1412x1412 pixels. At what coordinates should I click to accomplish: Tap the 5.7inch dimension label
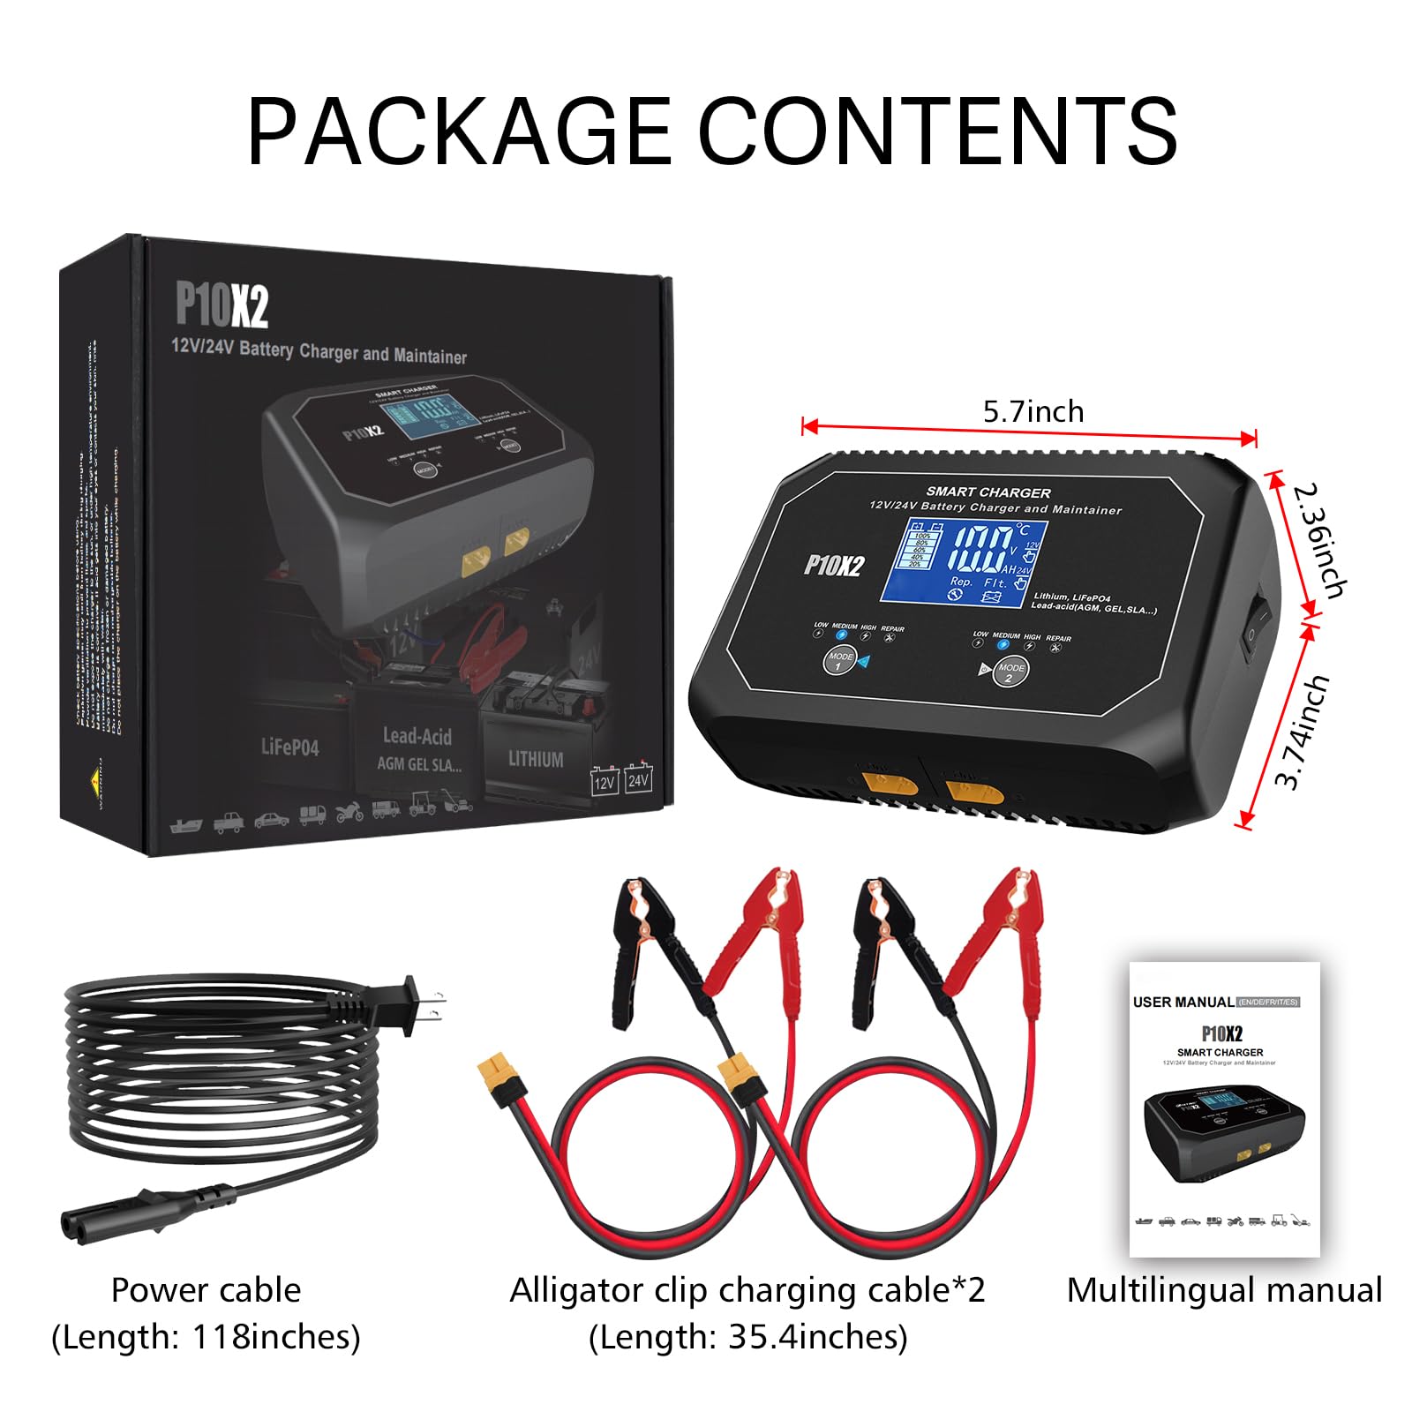[x=1033, y=411]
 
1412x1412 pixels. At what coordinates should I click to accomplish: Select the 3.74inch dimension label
[x=1303, y=731]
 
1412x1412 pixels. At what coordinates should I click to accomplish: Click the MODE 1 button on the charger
[x=839, y=658]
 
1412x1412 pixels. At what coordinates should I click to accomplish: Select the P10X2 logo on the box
[x=222, y=304]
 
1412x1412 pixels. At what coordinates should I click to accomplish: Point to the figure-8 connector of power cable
[x=106, y=1223]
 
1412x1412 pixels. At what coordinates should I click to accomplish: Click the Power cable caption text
[x=206, y=1290]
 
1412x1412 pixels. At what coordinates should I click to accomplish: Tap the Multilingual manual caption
[x=1223, y=1290]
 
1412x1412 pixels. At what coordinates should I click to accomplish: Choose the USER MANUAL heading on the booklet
[x=1183, y=1002]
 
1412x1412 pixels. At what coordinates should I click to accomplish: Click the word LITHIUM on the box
[x=536, y=758]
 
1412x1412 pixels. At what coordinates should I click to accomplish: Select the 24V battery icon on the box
[x=638, y=778]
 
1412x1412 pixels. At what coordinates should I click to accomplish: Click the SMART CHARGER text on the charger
[x=988, y=492]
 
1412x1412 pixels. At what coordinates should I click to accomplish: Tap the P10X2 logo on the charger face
[x=834, y=565]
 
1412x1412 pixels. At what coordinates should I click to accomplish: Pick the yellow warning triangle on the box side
[x=94, y=779]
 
